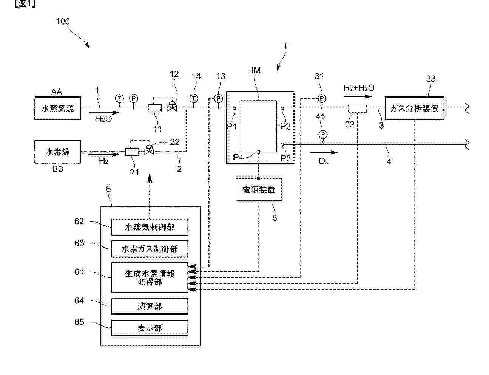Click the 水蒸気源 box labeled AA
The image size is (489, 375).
57,109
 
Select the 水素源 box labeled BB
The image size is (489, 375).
57,152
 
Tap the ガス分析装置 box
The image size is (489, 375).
414,108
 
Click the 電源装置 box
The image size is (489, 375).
259,189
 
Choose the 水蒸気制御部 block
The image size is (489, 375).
150,227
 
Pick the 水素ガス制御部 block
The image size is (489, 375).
150,249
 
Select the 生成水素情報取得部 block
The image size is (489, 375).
150,277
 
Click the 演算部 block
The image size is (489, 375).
150,306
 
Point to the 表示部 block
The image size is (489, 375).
150,328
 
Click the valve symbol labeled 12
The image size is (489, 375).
173,108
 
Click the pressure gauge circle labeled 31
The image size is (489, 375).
321,98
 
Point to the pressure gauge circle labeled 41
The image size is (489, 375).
322,135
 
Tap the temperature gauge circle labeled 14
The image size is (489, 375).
194,98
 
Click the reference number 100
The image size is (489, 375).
63,21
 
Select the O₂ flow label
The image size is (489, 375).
324,161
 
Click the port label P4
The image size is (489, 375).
238,157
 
